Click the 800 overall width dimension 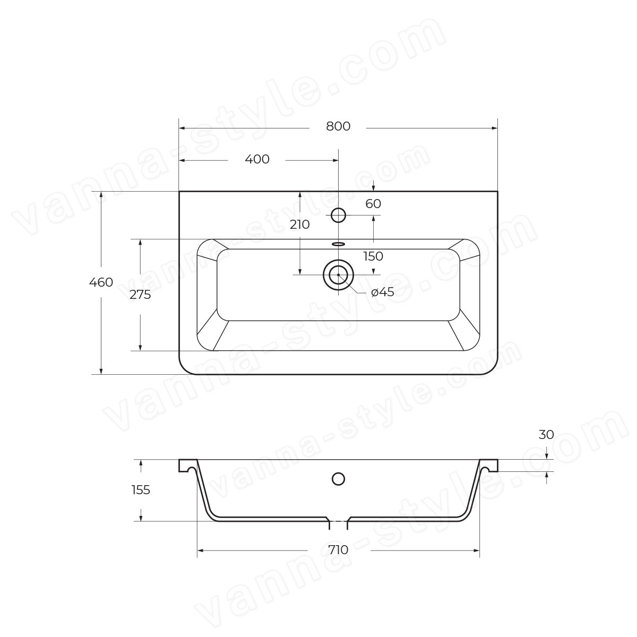(x=338, y=126)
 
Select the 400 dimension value (x=257, y=159)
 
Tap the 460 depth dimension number (x=101, y=282)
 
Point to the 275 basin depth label (x=140, y=295)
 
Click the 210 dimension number (x=300, y=225)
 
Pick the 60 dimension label (x=373, y=204)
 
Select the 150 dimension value (x=373, y=256)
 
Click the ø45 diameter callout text (x=382, y=292)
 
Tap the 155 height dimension (x=141, y=490)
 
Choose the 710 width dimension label (x=339, y=550)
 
